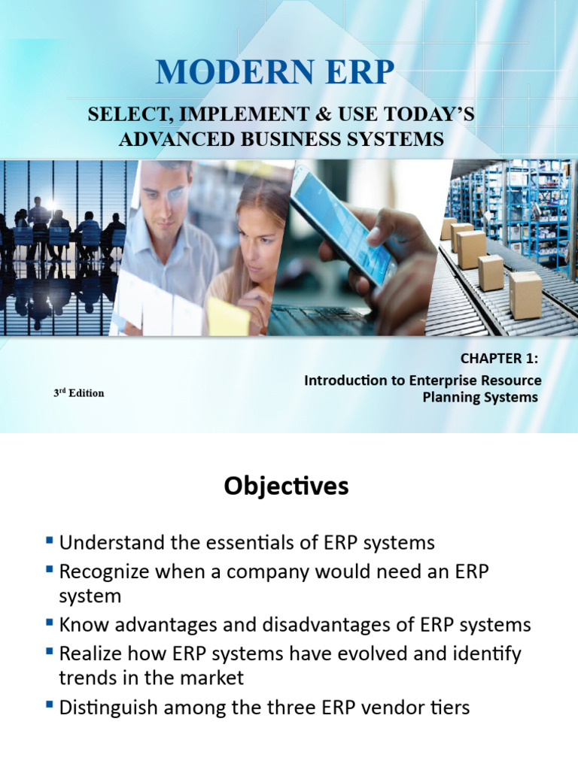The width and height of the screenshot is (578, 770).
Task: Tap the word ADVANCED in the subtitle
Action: tap(175, 139)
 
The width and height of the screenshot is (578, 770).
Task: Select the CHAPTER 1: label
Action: tap(500, 360)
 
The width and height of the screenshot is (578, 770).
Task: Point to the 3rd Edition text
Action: tap(78, 393)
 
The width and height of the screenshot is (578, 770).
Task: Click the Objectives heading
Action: tap(286, 487)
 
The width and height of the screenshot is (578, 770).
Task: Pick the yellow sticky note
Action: tap(229, 317)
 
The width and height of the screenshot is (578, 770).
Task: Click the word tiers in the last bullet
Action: tap(449, 707)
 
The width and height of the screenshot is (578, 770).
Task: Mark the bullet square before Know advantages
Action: tap(50, 623)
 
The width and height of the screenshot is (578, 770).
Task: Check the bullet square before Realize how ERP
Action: tap(50, 651)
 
